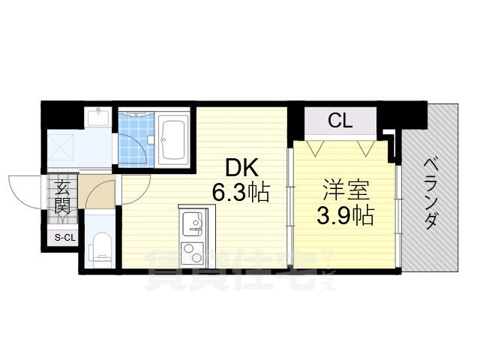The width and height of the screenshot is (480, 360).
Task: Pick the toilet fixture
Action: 99,247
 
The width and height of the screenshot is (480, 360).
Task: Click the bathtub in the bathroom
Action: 175,140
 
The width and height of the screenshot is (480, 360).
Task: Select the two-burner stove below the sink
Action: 191,250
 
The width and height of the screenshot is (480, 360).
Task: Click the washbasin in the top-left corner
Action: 98,118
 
